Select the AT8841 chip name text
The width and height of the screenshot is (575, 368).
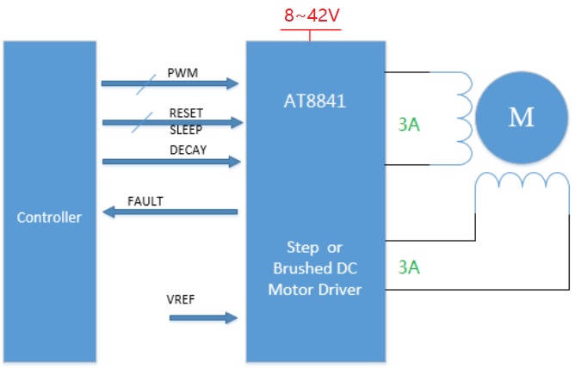(314, 101)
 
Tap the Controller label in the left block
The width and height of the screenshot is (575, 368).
(49, 218)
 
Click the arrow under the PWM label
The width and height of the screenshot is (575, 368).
(170, 83)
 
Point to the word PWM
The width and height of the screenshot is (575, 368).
(183, 73)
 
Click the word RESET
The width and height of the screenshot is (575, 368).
(186, 113)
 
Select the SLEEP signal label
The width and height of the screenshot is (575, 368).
(186, 131)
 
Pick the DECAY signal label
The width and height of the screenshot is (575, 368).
(188, 150)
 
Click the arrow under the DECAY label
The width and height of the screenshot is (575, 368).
(170, 161)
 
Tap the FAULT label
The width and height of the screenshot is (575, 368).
(145, 201)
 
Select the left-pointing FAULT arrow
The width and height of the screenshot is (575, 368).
(170, 212)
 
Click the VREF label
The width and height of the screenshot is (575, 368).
(182, 301)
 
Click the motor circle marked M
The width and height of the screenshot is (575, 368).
(521, 117)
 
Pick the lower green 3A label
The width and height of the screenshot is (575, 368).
(409, 267)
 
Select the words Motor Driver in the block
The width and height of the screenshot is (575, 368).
(314, 290)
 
